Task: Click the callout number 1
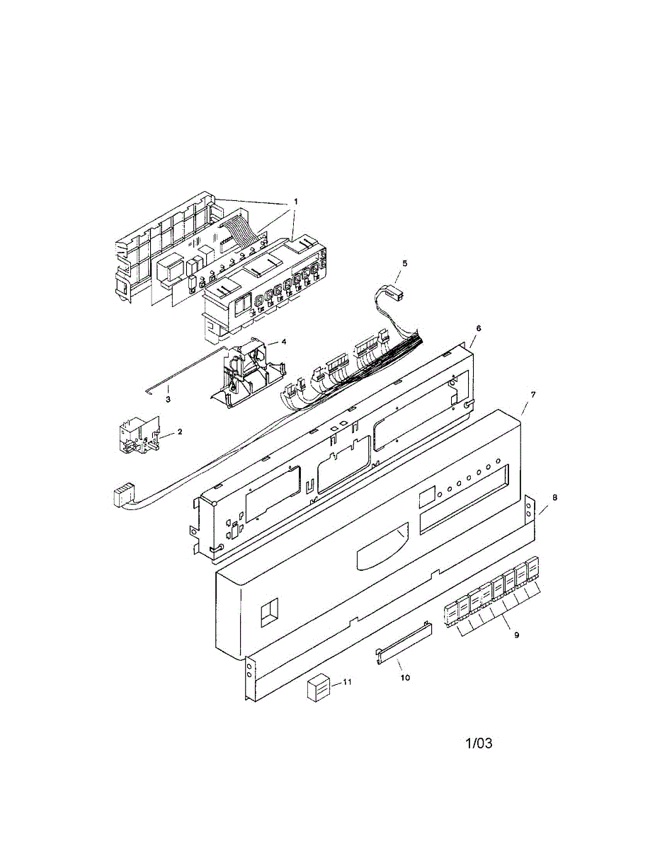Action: pyautogui.click(x=295, y=202)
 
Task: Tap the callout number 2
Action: pyautogui.click(x=179, y=432)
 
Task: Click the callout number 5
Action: pyautogui.click(x=405, y=263)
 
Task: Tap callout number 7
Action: pyautogui.click(x=533, y=395)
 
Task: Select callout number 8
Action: pyautogui.click(x=554, y=497)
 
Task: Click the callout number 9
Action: pyautogui.click(x=517, y=635)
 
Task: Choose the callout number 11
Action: pyautogui.click(x=347, y=682)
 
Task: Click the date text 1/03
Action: pyautogui.click(x=479, y=754)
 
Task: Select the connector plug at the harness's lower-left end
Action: pyautogui.click(x=122, y=498)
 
